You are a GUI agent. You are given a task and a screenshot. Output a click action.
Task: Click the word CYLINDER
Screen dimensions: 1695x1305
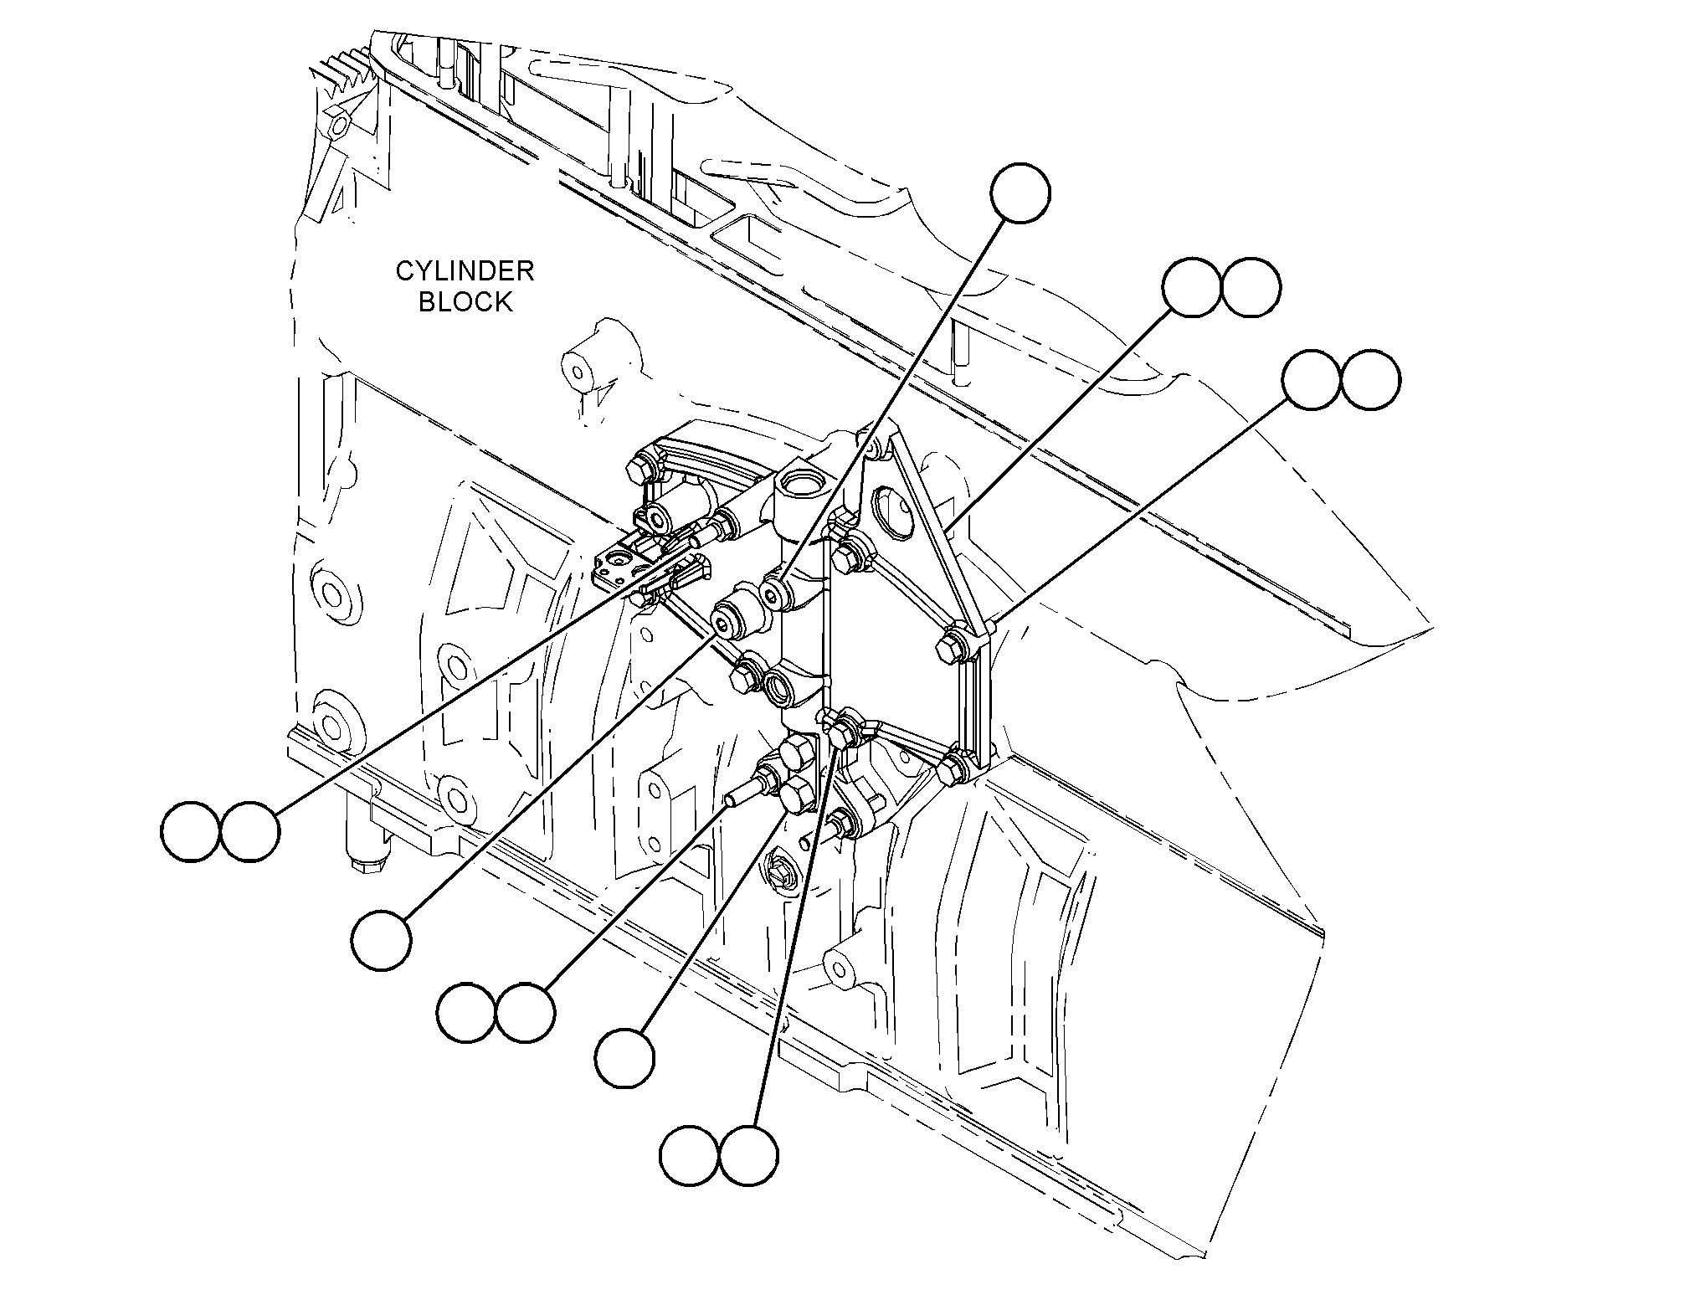pos(465,271)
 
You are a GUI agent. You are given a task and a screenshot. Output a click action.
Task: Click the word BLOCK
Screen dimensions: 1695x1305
pos(465,301)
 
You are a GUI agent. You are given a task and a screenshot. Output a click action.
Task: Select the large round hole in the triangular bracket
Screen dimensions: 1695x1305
pos(889,510)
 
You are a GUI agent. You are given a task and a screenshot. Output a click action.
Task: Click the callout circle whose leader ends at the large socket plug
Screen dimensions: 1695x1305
pos(382,941)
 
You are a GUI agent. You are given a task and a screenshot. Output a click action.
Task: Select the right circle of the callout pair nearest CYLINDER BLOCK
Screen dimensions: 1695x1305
pos(249,832)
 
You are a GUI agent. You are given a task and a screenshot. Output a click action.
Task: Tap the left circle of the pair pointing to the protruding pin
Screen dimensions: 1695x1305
pos(466,1013)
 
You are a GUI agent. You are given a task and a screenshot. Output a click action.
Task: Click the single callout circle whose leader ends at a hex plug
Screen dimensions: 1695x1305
pos(624,1058)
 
